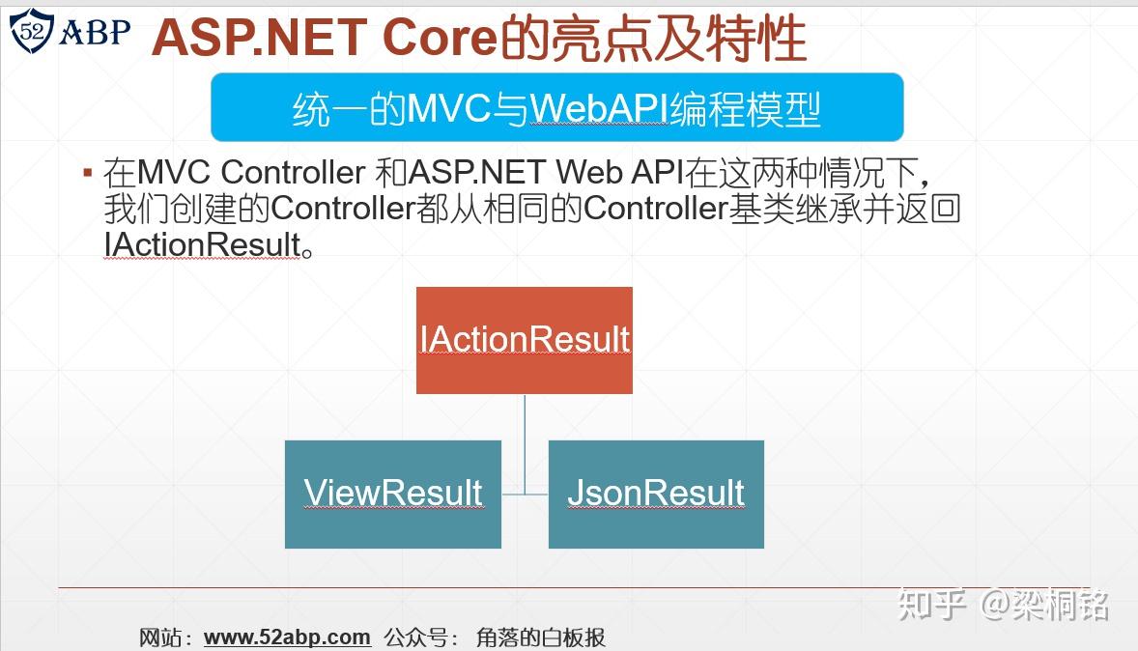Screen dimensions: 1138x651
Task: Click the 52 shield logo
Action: (31, 31)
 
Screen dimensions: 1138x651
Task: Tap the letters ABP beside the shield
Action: (95, 31)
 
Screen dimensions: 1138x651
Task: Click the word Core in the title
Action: (440, 38)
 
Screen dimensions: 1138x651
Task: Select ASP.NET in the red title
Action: (259, 38)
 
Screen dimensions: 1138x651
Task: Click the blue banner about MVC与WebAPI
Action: (556, 107)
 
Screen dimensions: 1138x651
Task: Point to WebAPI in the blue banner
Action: (599, 109)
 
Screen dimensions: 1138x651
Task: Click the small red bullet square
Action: (88, 173)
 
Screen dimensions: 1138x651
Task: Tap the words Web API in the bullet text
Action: (620, 173)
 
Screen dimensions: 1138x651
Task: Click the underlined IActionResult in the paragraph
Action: (203, 244)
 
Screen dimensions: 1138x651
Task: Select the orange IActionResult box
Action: (524, 340)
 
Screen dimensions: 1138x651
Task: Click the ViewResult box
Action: (392, 495)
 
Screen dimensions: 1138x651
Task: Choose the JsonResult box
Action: (656, 495)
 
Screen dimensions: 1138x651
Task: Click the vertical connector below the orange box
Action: (525, 444)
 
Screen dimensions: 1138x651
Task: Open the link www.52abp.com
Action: (288, 637)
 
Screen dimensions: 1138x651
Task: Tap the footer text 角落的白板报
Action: (541, 637)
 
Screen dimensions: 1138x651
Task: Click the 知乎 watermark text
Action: (932, 604)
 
